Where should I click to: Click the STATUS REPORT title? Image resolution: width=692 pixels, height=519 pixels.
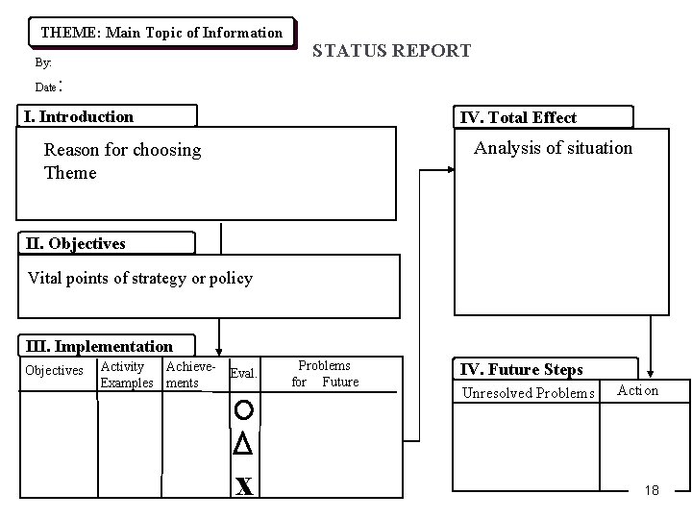(392, 50)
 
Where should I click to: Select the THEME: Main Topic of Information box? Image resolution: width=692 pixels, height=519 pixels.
(161, 33)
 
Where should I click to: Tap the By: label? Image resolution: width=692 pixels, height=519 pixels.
(43, 63)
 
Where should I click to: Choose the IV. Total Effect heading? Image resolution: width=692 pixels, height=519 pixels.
(519, 118)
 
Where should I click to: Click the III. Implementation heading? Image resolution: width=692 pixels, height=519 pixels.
(99, 346)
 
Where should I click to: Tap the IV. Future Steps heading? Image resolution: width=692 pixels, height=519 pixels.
(522, 369)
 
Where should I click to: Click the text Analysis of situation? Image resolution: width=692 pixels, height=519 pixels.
(554, 148)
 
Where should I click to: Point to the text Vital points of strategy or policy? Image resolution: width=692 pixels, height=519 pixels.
(140, 279)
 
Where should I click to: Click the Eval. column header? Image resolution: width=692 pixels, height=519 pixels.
(244, 374)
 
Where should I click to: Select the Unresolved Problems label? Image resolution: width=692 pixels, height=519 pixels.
(529, 393)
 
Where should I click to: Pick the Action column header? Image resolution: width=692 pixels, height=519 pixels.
(638, 390)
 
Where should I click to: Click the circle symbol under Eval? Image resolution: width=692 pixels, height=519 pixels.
(243, 410)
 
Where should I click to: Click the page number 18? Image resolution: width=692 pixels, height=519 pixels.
(652, 490)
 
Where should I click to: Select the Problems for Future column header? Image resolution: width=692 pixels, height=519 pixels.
(325, 374)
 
